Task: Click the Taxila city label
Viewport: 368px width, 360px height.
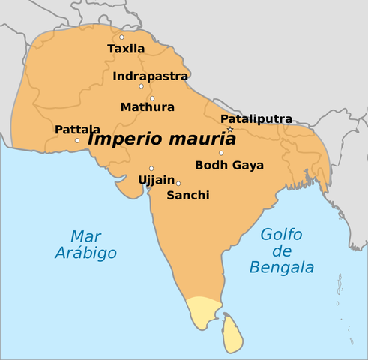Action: tap(125, 49)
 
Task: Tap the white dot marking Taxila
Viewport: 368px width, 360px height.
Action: tap(121, 37)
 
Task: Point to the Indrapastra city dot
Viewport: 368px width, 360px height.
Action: tap(141, 86)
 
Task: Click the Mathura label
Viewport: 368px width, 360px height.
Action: tap(147, 107)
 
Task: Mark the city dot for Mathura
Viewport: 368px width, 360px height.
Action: tap(151, 98)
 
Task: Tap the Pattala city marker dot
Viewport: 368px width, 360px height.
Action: tap(77, 140)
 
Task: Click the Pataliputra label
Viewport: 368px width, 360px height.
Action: tap(256, 119)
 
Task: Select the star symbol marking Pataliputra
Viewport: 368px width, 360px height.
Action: tap(230, 130)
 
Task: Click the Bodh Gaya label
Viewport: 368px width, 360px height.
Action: tap(229, 165)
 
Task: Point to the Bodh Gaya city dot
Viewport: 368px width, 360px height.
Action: tap(221, 153)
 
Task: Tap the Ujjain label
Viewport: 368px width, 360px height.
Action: tap(157, 180)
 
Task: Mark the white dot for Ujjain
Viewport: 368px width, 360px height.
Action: tap(151, 168)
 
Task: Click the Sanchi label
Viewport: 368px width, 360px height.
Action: tap(187, 195)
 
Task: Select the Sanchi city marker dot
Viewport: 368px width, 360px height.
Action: tap(178, 183)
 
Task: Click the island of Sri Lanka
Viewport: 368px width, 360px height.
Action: tap(233, 334)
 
